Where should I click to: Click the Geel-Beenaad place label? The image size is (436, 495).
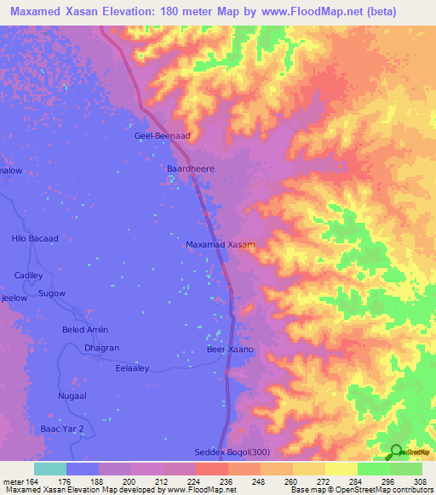[x=163, y=135]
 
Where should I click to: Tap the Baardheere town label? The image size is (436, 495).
[x=190, y=168]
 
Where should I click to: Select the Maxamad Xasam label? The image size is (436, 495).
[x=220, y=244]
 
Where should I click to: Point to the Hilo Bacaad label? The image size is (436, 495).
[x=35, y=238]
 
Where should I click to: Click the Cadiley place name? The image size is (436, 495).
[x=29, y=276]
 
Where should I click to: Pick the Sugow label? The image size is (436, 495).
[x=53, y=293]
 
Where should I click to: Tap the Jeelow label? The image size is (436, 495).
[x=14, y=299]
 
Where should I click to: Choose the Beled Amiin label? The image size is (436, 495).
[x=86, y=330]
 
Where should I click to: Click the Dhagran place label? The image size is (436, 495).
[x=101, y=348]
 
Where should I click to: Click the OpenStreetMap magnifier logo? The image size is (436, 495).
[x=396, y=452]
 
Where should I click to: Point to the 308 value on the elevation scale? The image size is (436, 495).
[x=420, y=481]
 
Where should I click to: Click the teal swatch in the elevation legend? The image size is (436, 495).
[x=49, y=468]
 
